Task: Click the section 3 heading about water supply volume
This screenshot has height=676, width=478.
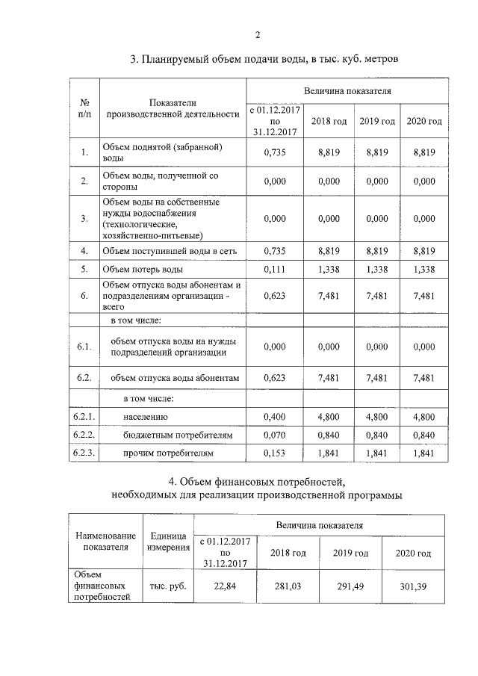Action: [x=259, y=59]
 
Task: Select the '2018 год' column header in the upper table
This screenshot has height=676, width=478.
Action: [x=329, y=122]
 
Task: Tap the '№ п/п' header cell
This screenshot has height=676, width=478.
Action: [x=84, y=108]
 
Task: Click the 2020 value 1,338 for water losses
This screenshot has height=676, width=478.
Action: [x=423, y=269]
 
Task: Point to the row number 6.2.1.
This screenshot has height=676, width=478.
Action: [x=84, y=417]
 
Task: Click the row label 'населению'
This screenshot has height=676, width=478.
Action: [x=146, y=417]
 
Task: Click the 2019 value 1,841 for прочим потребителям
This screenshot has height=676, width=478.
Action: [x=377, y=453]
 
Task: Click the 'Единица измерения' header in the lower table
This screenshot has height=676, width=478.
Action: [x=168, y=542]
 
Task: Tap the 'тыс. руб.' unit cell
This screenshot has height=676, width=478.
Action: [x=168, y=586]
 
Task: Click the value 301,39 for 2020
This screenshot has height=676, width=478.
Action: [x=413, y=586]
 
